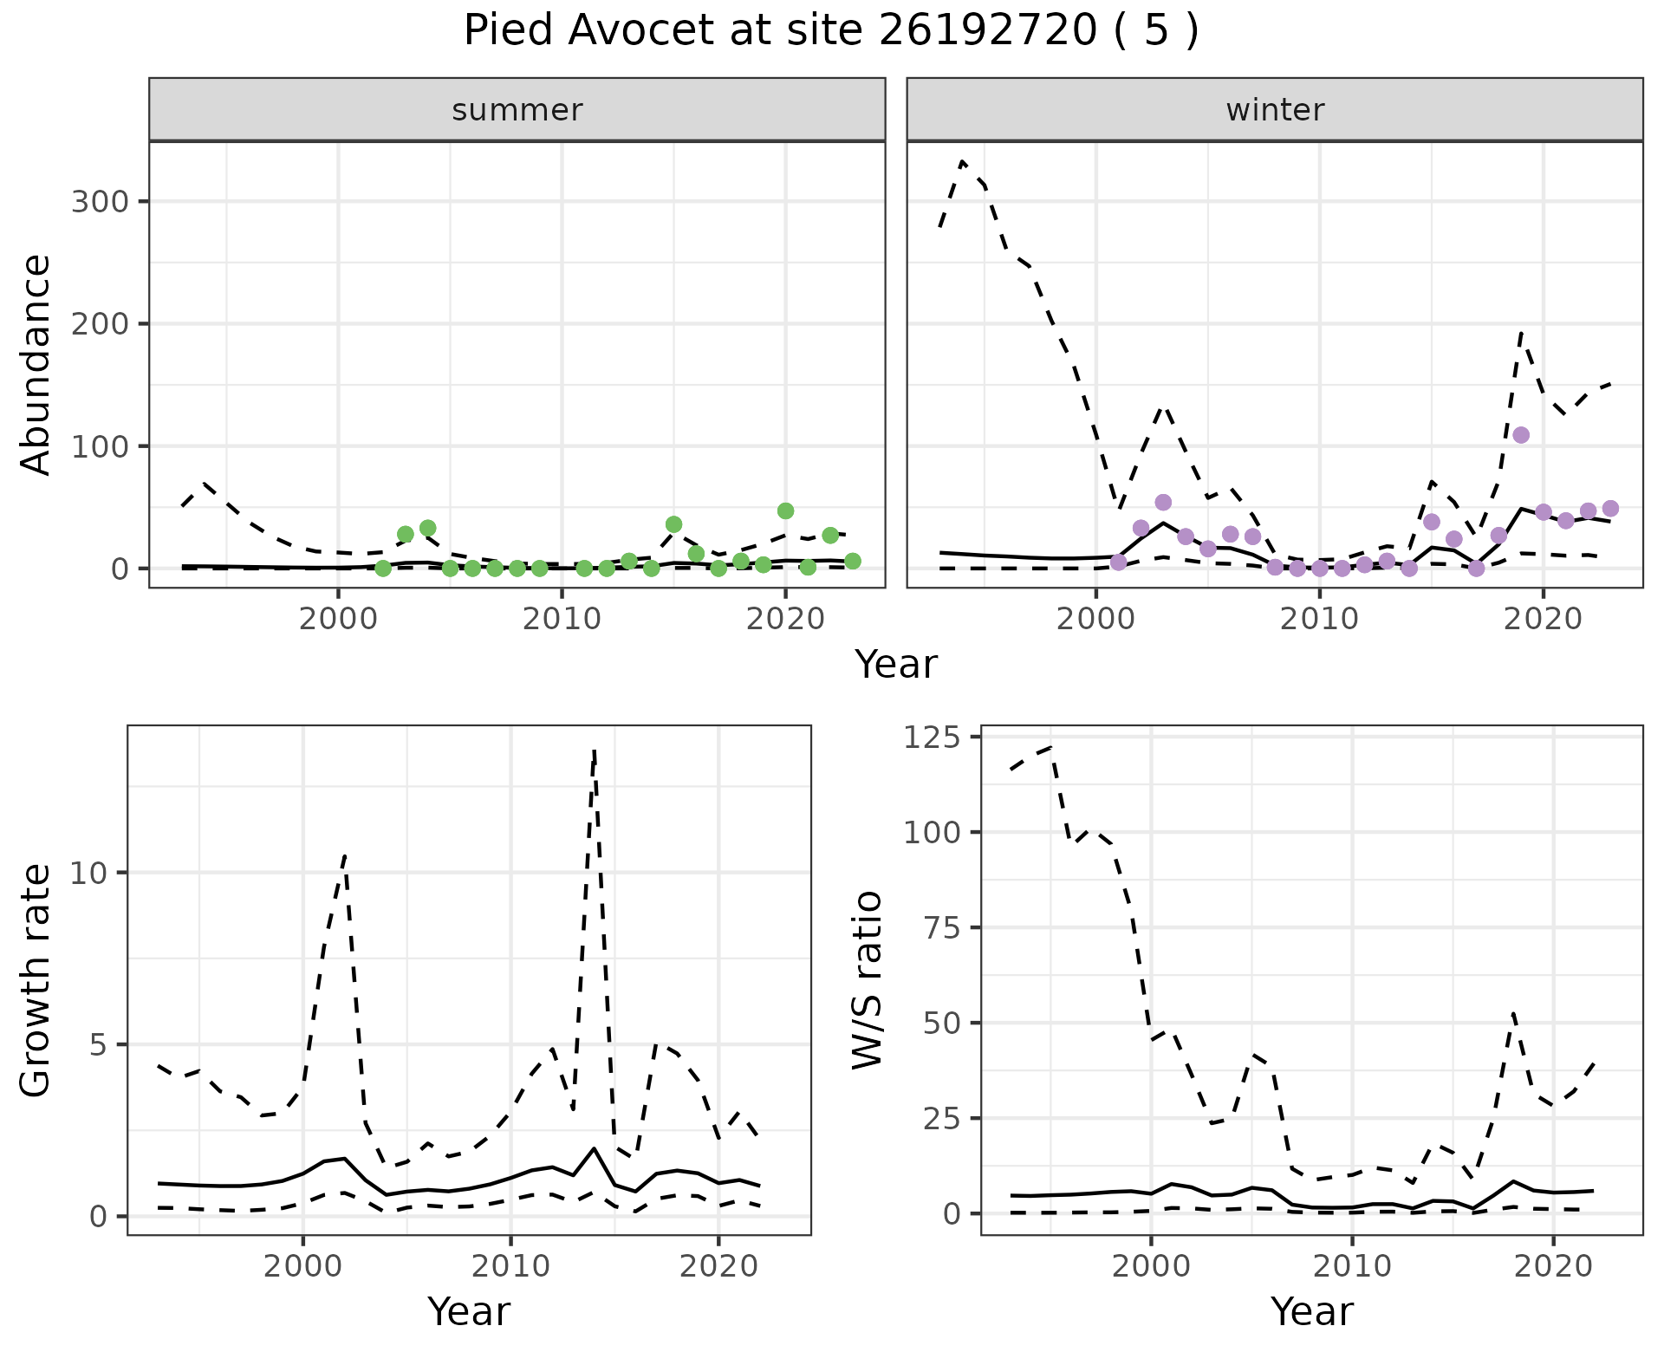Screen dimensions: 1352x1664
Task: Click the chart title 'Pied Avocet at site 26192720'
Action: click(830, 31)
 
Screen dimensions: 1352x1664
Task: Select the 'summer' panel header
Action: click(517, 110)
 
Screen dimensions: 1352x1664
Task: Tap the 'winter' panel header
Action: click(1274, 110)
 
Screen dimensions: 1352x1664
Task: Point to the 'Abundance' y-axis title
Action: click(36, 364)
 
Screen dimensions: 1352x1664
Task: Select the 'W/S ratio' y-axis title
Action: click(867, 979)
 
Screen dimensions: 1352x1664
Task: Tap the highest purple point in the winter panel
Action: click(1521, 435)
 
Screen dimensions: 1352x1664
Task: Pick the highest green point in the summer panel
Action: click(785, 511)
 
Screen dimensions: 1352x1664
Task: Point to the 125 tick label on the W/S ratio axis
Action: click(933, 738)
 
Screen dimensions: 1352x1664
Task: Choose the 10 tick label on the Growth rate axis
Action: click(88, 873)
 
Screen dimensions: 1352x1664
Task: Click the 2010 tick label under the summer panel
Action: click(562, 620)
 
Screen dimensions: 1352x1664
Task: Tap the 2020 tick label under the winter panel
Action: click(1543, 620)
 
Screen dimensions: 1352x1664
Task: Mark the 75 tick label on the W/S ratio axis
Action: click(943, 928)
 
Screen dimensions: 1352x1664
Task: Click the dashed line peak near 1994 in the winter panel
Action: click(963, 162)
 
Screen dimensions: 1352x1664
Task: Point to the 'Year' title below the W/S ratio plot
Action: click(1311, 1312)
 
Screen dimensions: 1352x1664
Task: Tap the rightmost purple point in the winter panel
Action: click(1610, 509)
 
